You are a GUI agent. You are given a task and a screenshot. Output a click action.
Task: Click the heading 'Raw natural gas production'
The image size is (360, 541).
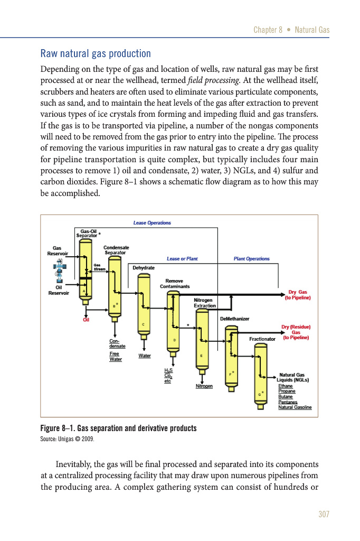click(96, 54)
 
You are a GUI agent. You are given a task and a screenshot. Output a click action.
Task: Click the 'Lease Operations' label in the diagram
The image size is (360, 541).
click(152, 223)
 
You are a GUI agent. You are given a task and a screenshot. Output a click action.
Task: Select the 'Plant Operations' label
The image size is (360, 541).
click(251, 258)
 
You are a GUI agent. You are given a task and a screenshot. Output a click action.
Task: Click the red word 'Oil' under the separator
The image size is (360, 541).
click(86, 319)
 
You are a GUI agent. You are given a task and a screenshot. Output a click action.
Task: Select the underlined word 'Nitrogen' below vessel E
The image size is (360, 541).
click(204, 386)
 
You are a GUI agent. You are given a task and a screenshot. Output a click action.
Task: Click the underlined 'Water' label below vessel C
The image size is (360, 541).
click(145, 356)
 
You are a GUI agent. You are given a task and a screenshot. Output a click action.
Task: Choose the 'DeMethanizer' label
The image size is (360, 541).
click(234, 319)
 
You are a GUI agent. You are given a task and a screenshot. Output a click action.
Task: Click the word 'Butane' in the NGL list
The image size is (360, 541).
click(285, 396)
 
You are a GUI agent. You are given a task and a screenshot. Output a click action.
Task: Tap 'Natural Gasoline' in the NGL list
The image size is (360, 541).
click(295, 407)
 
